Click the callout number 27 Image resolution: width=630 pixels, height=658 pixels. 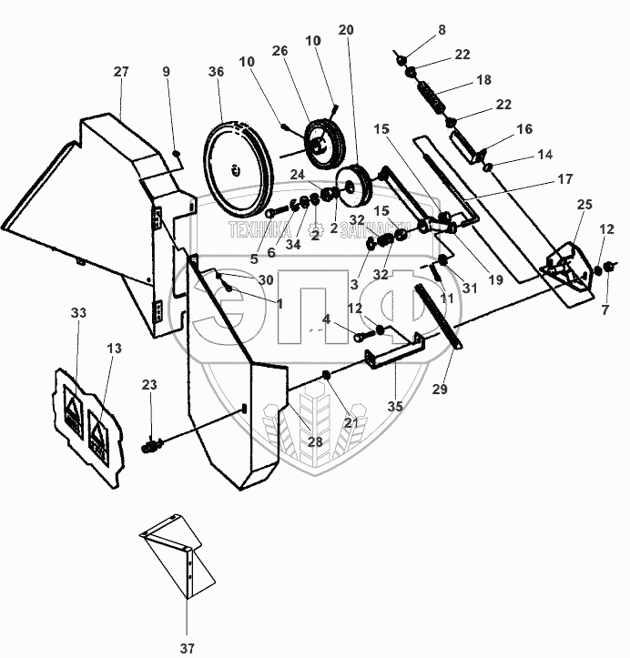[121, 71]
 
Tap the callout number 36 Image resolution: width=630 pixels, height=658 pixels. [215, 72]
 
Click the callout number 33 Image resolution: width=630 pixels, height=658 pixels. [78, 313]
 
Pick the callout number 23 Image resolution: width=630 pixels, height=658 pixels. [149, 384]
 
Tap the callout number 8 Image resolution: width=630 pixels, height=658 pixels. [442, 29]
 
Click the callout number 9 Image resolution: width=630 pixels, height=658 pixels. [166, 72]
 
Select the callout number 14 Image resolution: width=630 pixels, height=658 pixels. [544, 156]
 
